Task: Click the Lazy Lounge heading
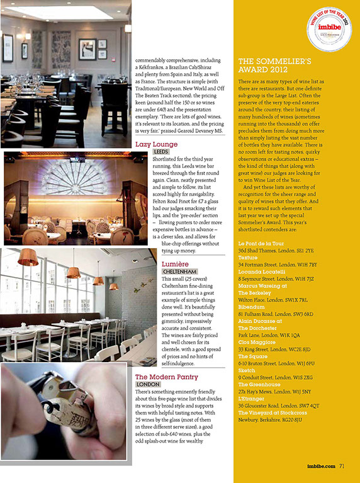[x=156, y=144]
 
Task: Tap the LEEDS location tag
[x=161, y=152]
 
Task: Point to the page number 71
[x=341, y=467]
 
